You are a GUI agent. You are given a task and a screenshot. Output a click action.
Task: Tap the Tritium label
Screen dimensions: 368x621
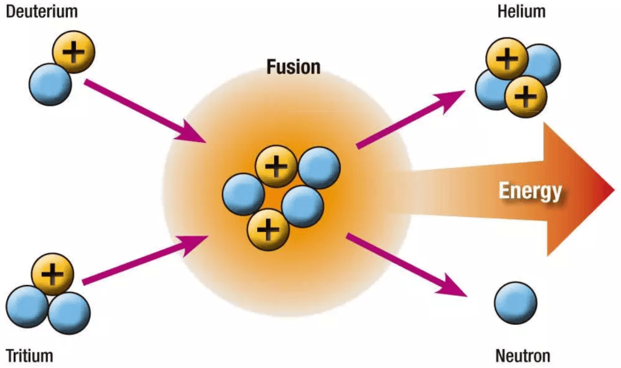(29, 355)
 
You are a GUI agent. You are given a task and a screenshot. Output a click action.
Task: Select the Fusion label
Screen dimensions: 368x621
(294, 66)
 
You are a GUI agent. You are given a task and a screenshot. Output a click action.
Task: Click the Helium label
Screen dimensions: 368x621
(521, 12)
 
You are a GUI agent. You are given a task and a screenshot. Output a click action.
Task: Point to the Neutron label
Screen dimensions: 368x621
(522, 355)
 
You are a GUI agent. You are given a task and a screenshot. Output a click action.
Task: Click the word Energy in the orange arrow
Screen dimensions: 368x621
(530, 192)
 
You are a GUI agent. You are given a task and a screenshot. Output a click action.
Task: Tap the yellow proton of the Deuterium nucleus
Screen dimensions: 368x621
(73, 52)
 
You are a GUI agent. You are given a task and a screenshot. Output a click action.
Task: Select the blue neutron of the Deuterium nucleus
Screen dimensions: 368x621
(51, 84)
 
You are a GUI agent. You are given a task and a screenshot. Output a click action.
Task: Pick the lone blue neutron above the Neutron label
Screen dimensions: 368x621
(515, 302)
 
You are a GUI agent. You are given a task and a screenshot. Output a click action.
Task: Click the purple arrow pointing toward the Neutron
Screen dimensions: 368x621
(406, 266)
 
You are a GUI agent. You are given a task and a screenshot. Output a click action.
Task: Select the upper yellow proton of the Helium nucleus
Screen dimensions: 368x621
(507, 58)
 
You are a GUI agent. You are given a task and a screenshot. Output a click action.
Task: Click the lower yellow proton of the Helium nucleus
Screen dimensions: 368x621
(526, 95)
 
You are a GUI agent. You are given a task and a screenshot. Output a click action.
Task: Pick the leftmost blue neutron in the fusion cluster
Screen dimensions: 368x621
(243, 193)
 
